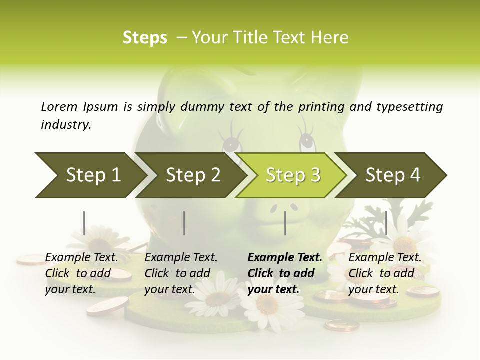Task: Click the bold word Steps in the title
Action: (145, 38)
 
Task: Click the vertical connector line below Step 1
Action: (84, 223)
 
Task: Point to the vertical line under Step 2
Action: (184, 223)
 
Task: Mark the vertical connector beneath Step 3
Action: (285, 223)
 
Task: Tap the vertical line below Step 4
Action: (386, 223)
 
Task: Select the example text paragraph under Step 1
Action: (81, 273)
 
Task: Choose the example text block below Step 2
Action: (181, 273)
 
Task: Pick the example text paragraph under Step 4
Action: (384, 273)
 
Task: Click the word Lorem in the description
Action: (59, 106)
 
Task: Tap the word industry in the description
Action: (65, 125)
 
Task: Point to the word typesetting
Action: (409, 107)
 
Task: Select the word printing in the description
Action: (321, 107)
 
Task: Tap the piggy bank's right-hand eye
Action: (307, 143)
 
